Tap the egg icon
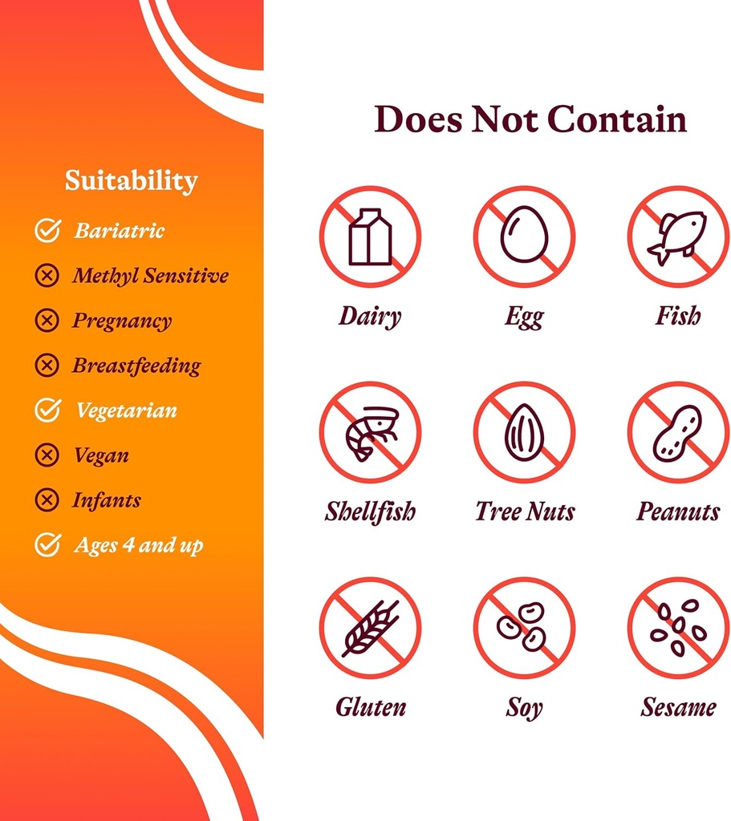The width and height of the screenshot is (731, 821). coord(524,236)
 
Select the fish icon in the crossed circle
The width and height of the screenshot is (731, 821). coord(678,237)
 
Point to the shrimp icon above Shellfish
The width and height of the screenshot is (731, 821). coord(370,432)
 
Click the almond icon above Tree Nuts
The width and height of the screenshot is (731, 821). coord(524,432)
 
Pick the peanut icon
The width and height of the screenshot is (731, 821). coord(678,432)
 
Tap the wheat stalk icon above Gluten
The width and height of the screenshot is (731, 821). coord(370,628)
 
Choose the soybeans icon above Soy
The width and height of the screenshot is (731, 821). coord(524,628)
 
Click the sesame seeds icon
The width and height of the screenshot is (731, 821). coord(678,628)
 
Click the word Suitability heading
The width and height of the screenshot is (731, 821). coord(131,180)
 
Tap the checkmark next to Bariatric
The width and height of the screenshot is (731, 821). coord(47,231)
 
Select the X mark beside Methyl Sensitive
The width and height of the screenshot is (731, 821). coord(47,276)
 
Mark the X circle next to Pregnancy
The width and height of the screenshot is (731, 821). coord(47,321)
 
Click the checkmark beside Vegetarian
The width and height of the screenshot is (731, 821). coord(47,410)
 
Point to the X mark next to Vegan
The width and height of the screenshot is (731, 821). coord(47,455)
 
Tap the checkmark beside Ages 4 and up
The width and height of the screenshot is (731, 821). coord(47,545)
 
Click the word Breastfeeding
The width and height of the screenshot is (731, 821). coord(136,366)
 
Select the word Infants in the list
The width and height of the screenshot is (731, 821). coord(107,500)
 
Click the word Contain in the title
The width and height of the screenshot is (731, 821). coord(617,119)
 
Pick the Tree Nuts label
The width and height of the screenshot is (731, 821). coord(525,512)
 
